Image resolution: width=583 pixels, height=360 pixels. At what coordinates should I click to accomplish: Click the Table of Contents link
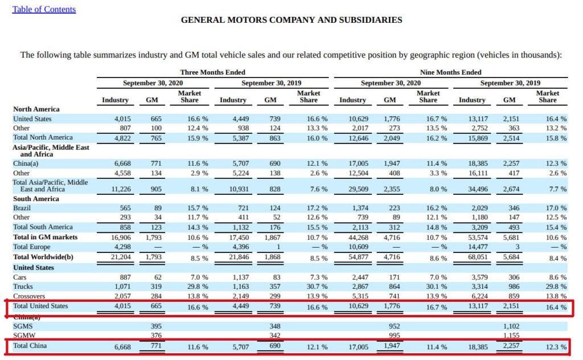point(44,9)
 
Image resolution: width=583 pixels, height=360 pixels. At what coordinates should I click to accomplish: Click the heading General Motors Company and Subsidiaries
point(291,20)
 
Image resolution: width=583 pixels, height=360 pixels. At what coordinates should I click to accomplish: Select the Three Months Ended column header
point(213,72)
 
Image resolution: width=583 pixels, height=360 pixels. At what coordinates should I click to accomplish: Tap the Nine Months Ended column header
point(450,72)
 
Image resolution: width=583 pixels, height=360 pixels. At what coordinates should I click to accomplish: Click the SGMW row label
point(24,336)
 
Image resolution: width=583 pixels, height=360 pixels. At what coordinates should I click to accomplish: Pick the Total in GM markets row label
point(45,237)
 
